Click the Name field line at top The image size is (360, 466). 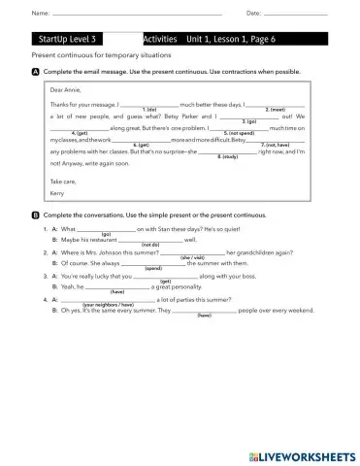136,15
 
